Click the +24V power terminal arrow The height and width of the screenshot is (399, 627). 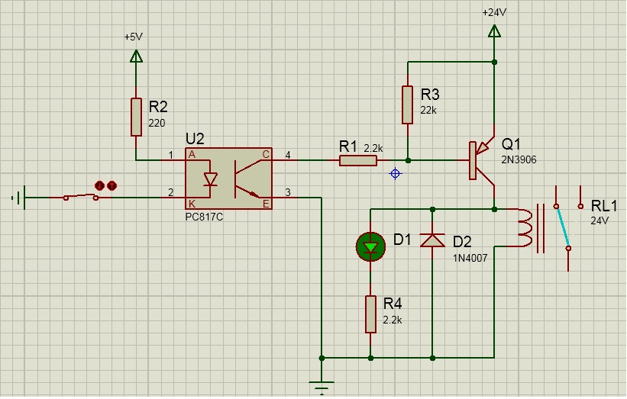[x=494, y=31]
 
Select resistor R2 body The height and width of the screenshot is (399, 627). [x=136, y=116]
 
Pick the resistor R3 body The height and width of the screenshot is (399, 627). [x=408, y=105]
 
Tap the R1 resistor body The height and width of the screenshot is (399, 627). [x=357, y=160]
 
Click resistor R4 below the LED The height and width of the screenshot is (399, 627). [x=370, y=314]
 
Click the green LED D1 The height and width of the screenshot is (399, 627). [x=371, y=246]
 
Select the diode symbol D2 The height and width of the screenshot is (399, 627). [x=433, y=241]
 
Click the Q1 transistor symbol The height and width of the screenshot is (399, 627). [x=482, y=159]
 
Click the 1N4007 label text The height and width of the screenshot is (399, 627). [x=470, y=258]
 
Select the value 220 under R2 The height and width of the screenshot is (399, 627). [x=157, y=123]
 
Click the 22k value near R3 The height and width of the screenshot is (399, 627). [x=428, y=110]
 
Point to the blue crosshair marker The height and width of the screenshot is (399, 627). [x=395, y=174]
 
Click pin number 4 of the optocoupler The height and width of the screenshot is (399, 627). [x=288, y=156]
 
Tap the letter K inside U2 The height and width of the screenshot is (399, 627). [x=191, y=203]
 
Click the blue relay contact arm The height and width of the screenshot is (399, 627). [x=562, y=227]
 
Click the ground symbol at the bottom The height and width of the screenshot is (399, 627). [x=322, y=386]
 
